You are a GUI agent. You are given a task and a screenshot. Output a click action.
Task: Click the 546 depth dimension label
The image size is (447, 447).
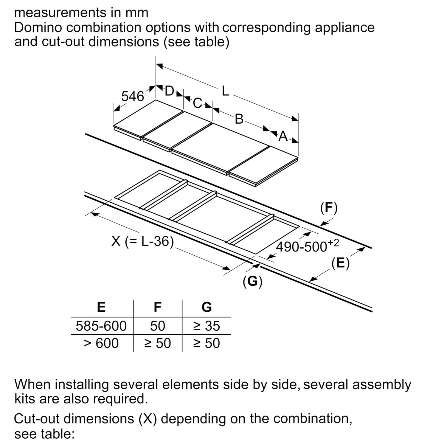133,97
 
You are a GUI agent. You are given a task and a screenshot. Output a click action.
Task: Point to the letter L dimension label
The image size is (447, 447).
225,91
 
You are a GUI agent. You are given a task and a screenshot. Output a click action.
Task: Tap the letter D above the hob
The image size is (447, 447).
169,91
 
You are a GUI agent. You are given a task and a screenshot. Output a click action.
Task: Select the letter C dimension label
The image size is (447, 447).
197,103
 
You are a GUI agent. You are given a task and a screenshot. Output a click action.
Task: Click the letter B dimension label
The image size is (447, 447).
239,119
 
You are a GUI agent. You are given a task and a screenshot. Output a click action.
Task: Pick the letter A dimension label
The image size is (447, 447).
283,136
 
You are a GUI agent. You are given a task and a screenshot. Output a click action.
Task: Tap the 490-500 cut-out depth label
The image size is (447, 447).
307,246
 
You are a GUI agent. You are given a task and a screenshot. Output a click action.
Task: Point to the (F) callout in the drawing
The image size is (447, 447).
329,207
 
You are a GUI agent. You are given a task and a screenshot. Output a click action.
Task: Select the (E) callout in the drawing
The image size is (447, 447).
340,263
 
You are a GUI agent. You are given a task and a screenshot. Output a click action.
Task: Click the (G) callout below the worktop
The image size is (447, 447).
252,281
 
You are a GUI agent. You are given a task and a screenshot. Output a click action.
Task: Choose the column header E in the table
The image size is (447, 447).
101,307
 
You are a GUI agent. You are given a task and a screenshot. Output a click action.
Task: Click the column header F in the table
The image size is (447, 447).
157,307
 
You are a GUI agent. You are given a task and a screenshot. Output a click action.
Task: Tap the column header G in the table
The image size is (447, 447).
207,307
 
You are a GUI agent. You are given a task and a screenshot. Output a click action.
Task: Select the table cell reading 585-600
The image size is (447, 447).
101,326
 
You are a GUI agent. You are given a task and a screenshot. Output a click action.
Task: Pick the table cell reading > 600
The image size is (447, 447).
101,343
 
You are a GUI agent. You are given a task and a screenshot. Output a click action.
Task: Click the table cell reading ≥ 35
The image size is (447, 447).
207,326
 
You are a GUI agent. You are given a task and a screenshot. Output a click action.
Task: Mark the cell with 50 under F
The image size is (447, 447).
157,326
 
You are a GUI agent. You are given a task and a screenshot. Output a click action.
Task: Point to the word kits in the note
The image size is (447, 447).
25,399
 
